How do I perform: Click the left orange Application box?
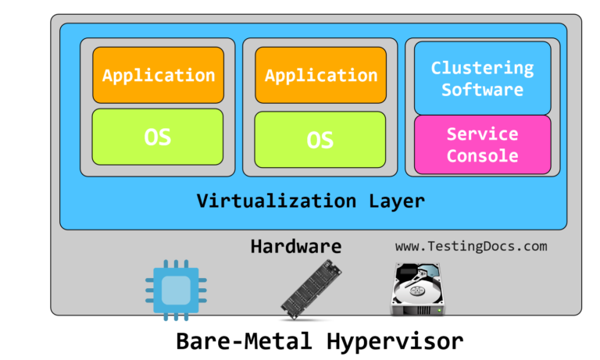[158, 75]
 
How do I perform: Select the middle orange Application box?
[320, 75]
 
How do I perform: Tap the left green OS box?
[158, 137]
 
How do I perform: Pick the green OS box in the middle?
[320, 140]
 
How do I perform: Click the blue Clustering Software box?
[482, 78]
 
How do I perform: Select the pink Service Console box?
[482, 144]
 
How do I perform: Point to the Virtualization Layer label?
[311, 201]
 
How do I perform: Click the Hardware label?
[296, 246]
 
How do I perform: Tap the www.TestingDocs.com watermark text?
[471, 246]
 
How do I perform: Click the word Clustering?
[482, 68]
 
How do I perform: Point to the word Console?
[482, 155]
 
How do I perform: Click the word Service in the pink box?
[482, 134]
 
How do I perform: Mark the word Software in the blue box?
[482, 89]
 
